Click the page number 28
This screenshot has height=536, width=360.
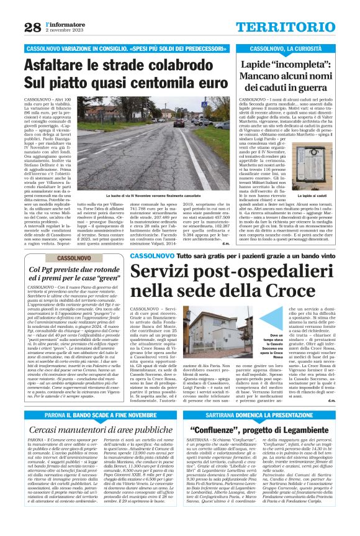pos(32,27)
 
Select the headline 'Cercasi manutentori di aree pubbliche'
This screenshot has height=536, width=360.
pos(93,430)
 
